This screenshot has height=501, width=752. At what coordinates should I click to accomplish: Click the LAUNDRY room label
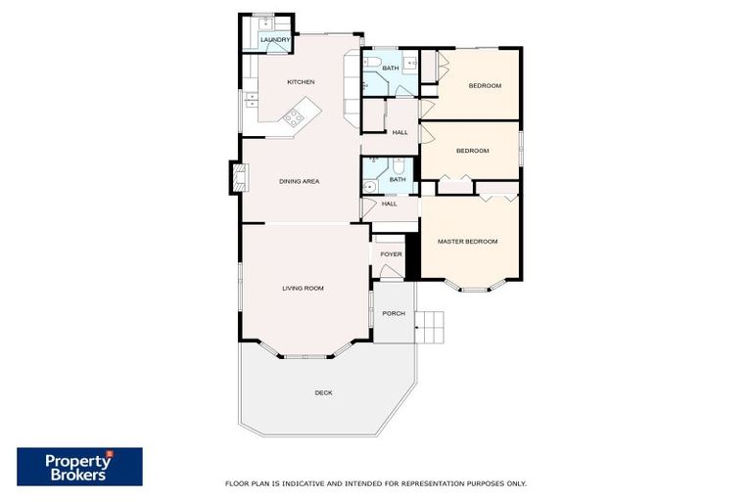275,40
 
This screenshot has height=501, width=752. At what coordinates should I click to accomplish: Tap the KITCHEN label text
301,82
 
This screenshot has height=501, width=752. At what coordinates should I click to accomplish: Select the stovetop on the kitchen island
293,119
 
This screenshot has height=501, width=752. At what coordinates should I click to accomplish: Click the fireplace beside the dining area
237,177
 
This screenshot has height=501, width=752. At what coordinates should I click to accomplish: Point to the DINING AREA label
299,181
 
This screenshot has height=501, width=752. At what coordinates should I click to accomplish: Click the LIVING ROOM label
303,288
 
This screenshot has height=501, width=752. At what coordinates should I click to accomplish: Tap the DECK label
323,392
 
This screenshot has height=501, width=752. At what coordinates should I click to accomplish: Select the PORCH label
393,313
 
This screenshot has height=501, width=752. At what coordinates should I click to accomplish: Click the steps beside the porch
430,327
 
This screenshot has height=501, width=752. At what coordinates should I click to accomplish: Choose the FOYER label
391,254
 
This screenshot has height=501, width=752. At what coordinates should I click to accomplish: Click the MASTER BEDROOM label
467,242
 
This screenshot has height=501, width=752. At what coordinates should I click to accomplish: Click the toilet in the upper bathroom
374,64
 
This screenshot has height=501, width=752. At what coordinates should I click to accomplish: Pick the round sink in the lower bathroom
367,185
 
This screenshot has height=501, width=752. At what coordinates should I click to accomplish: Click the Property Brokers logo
79,466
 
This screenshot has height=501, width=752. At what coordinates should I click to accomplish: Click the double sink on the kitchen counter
251,98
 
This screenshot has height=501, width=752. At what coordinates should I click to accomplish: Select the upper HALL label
399,133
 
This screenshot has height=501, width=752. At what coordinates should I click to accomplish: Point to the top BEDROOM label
484,86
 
